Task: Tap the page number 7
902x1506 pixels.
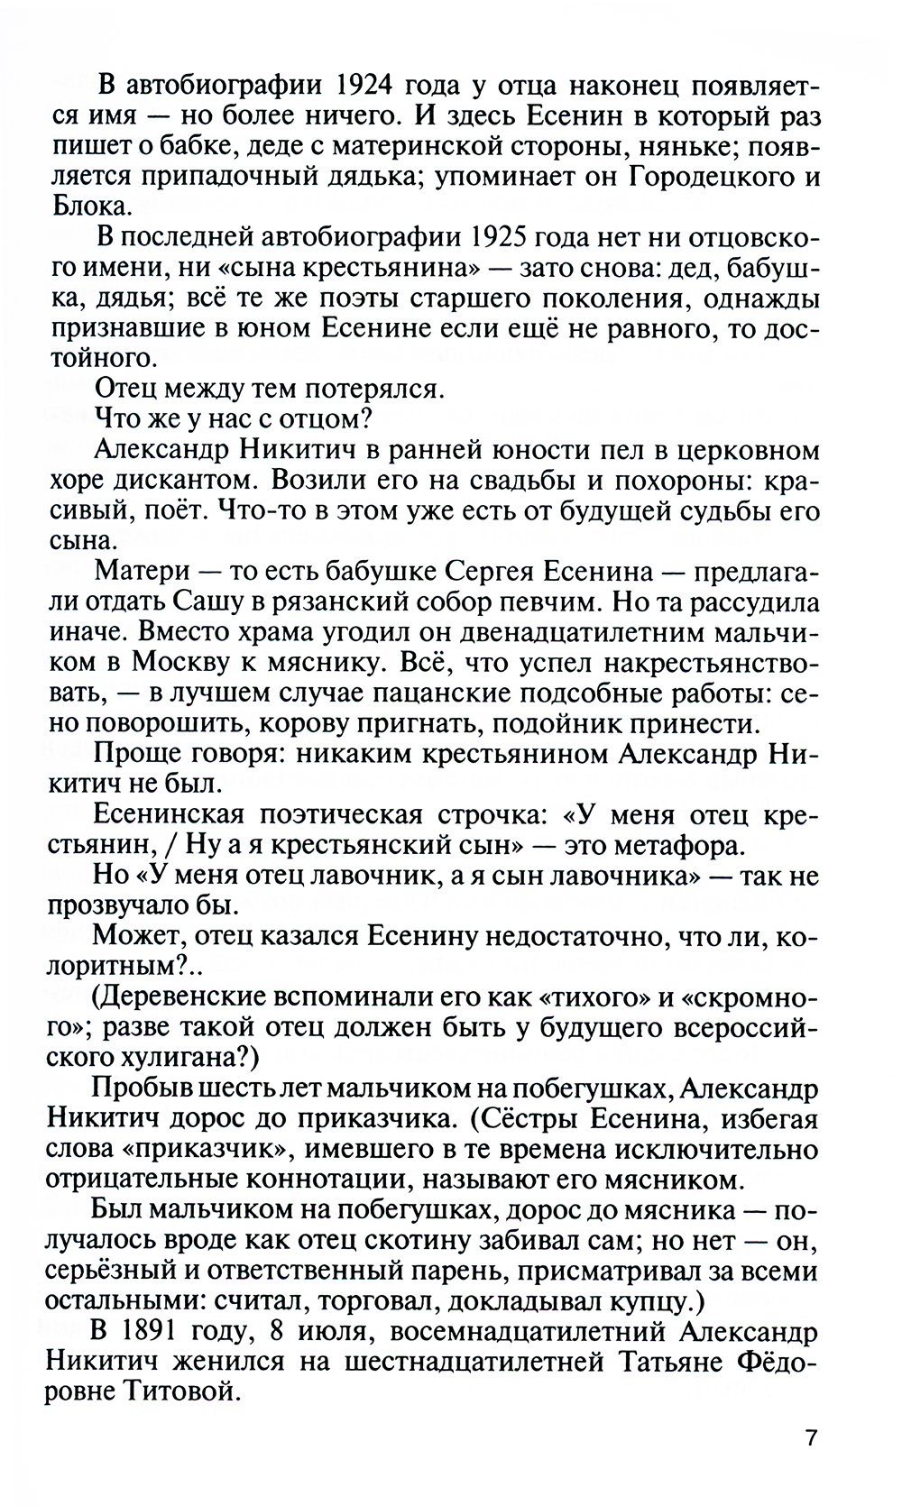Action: click(x=811, y=1462)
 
